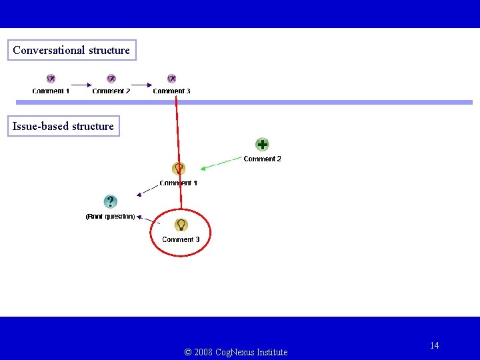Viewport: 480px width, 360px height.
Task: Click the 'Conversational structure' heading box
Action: pyautogui.click(x=71, y=50)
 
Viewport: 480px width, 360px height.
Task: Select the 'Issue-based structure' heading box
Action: pyautogui.click(x=63, y=126)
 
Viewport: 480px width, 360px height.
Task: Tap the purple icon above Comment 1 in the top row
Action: pyautogui.click(x=51, y=79)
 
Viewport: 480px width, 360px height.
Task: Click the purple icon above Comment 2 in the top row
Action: pyautogui.click(x=111, y=79)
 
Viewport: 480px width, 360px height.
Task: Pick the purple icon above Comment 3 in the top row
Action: pyautogui.click(x=171, y=79)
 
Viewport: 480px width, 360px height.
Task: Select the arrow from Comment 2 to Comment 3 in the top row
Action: pyautogui.click(x=141, y=85)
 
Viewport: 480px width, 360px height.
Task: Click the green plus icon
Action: pyautogui.click(x=263, y=145)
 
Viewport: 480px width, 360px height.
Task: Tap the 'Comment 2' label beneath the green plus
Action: pyautogui.click(x=262, y=159)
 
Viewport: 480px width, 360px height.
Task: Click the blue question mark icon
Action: pyautogui.click(x=111, y=201)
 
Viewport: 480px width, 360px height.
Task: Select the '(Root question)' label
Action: pyautogui.click(x=110, y=217)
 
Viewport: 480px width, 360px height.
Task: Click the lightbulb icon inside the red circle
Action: pyautogui.click(x=181, y=225)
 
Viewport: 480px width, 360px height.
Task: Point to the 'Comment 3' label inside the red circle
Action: pyautogui.click(x=181, y=239)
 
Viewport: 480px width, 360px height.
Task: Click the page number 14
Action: pyautogui.click(x=435, y=345)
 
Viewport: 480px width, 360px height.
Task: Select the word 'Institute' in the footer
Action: pyautogui.click(x=272, y=352)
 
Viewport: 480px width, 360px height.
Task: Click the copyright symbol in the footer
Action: pyautogui.click(x=188, y=352)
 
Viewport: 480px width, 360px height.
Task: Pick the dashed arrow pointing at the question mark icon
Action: pyautogui.click(x=147, y=190)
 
